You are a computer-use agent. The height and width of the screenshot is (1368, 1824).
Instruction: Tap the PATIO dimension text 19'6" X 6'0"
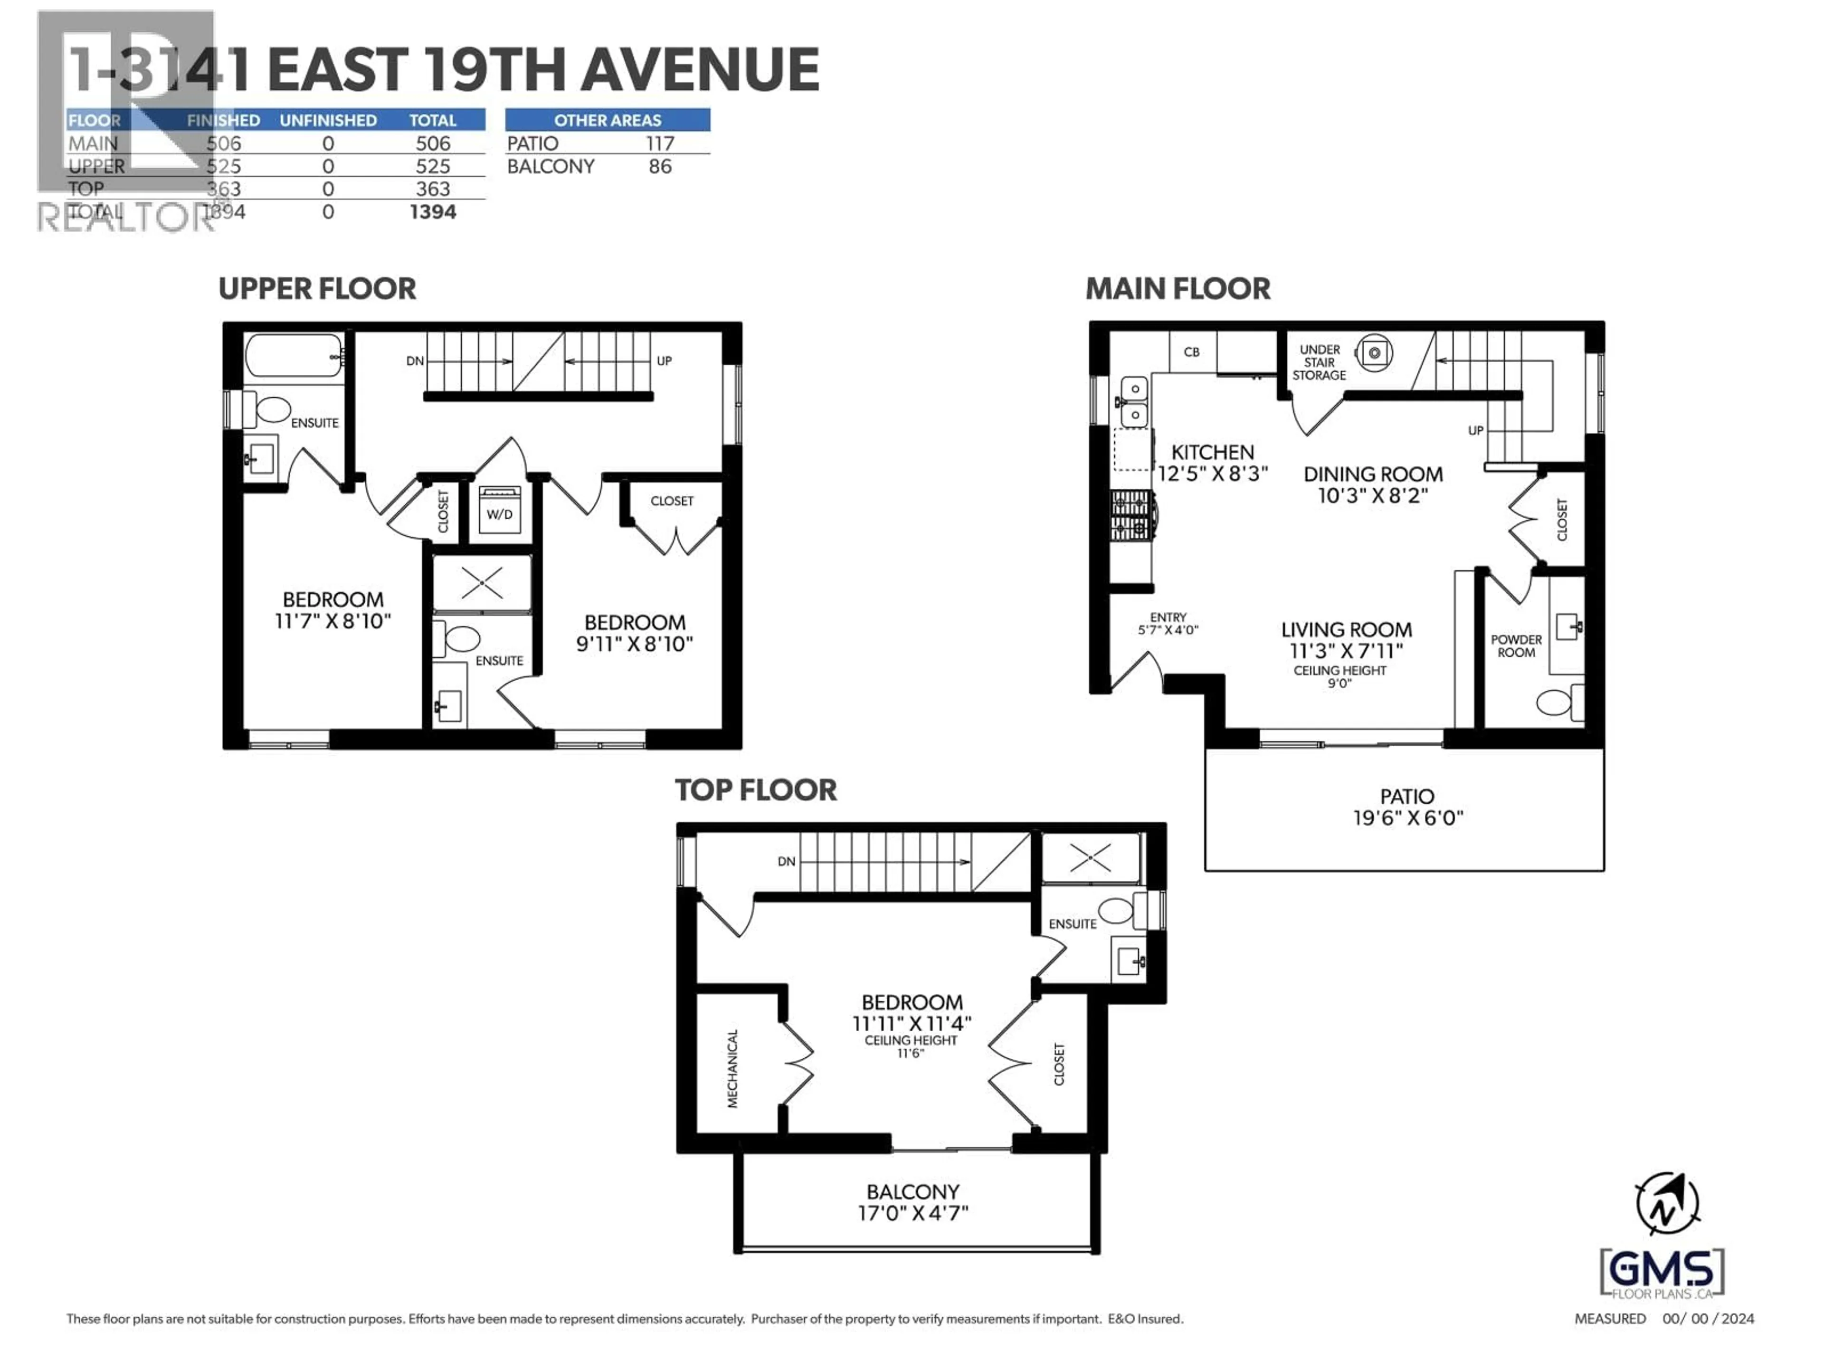(1407, 818)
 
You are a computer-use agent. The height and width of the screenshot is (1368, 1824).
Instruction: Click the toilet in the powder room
(1556, 703)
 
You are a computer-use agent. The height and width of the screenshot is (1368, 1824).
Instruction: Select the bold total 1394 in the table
(433, 212)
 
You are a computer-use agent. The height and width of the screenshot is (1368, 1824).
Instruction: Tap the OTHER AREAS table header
(607, 120)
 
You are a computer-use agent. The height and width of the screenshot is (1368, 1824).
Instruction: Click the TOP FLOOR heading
(755, 790)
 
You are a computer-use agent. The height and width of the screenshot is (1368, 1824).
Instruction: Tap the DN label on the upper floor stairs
(415, 361)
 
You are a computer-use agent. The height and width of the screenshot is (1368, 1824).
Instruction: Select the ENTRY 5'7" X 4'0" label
(1168, 623)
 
